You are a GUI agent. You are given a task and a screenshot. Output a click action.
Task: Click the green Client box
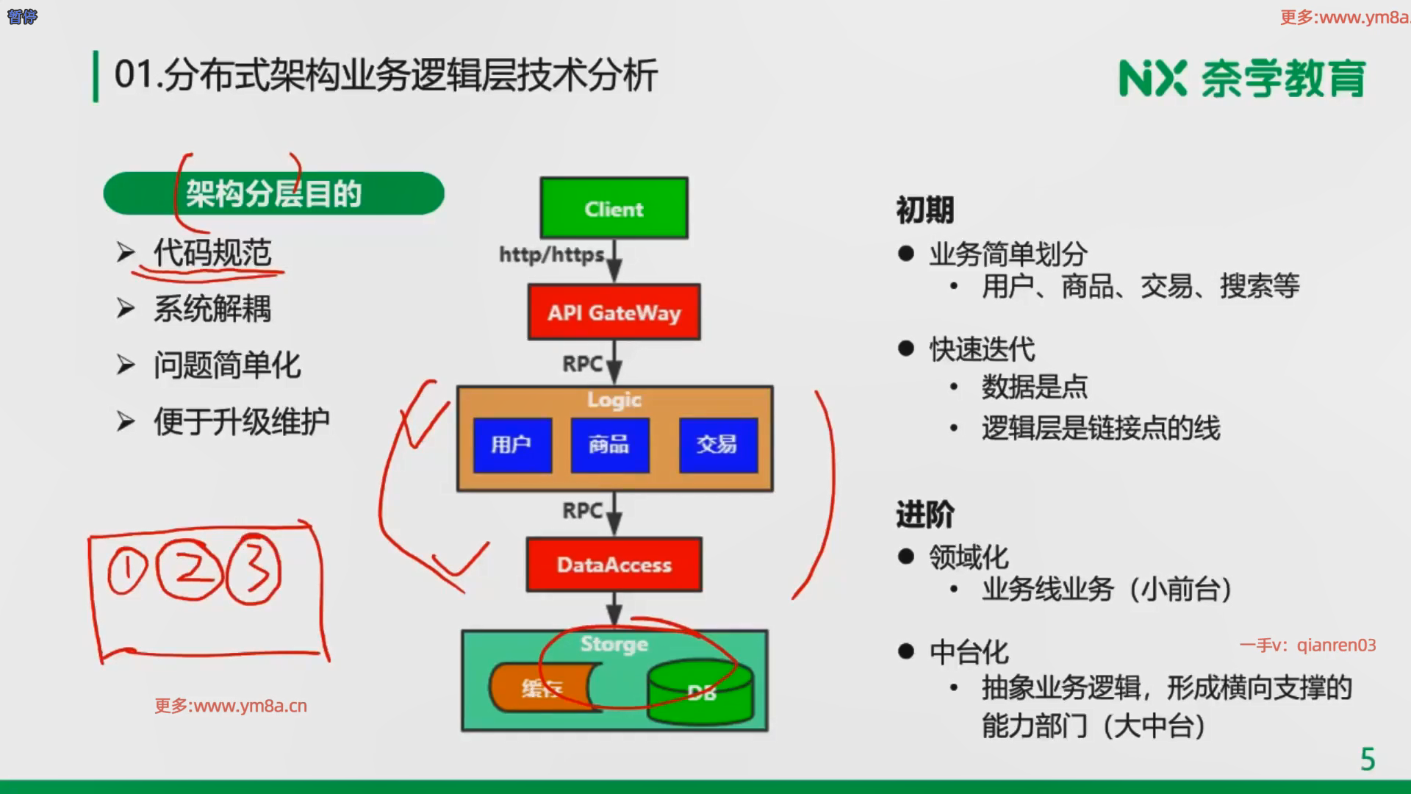click(614, 208)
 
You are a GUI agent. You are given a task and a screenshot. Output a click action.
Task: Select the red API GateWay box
click(614, 312)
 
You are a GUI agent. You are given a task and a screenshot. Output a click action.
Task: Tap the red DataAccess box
click(614, 565)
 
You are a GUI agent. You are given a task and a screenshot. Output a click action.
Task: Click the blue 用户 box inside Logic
click(511, 445)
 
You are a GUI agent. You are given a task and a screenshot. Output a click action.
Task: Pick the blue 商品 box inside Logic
click(609, 445)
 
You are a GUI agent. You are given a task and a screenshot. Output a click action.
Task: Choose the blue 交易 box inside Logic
click(717, 445)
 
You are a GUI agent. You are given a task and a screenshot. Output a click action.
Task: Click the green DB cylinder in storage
click(700, 693)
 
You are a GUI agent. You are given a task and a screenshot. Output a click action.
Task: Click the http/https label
click(551, 255)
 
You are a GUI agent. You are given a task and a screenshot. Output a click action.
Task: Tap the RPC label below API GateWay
click(582, 364)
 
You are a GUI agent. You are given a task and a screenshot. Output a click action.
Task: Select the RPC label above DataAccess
click(582, 510)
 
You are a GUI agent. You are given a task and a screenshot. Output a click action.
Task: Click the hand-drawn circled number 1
click(127, 572)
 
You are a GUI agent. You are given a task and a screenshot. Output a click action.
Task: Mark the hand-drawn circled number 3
click(254, 571)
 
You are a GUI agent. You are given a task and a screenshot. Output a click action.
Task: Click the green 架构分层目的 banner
click(273, 194)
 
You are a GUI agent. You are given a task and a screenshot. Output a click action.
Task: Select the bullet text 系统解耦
click(212, 309)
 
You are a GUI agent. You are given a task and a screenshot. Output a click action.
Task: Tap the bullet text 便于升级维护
click(241, 422)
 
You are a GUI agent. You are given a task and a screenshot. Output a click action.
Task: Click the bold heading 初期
click(924, 210)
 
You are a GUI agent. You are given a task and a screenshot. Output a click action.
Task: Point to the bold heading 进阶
click(924, 515)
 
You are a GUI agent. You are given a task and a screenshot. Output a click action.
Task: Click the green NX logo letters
click(1152, 79)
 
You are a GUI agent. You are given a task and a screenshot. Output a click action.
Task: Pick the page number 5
click(1367, 759)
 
